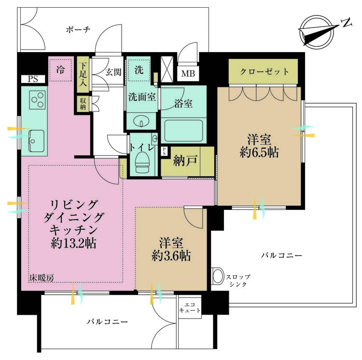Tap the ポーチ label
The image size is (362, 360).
[x=78, y=29]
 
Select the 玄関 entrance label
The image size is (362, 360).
[x=113, y=72]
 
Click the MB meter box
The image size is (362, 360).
[x=188, y=74]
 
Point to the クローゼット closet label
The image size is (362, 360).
[x=264, y=71]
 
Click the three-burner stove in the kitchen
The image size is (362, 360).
[x=37, y=100]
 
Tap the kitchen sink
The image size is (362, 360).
[x=37, y=141]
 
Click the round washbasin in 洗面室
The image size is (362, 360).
[x=141, y=122]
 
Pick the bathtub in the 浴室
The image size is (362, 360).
[x=183, y=131]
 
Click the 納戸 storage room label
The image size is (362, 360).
[x=185, y=161]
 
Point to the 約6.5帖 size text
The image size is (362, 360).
[x=259, y=152]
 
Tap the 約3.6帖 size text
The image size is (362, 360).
[x=171, y=256]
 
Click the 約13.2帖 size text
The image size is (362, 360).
[x=74, y=243]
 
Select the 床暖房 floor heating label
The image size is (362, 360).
[x=42, y=278]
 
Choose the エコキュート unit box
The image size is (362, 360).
[x=190, y=307]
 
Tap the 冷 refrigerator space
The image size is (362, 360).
[x=60, y=69]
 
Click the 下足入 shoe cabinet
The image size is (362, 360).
[x=83, y=73]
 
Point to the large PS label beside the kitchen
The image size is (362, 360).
[x=33, y=79]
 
